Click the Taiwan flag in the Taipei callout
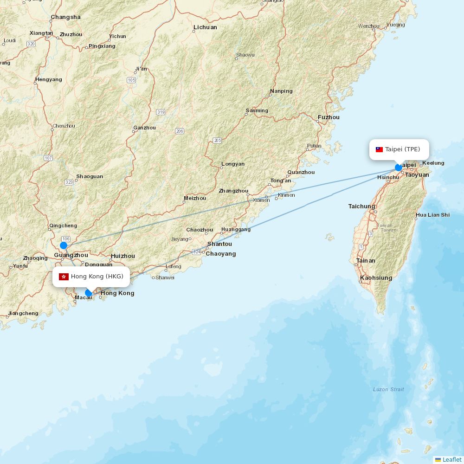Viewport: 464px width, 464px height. (x=379, y=149)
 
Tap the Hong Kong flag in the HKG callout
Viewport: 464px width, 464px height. (x=64, y=277)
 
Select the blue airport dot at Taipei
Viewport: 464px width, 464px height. (x=399, y=168)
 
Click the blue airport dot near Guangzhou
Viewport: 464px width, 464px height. (x=64, y=245)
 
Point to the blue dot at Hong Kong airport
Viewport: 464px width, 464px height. (x=89, y=293)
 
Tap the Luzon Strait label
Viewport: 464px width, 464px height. (x=388, y=389)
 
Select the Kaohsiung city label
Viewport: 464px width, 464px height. (x=376, y=278)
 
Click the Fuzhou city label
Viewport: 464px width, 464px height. (x=329, y=117)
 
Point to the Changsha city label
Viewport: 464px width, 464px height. (x=65, y=17)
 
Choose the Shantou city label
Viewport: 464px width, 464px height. (x=219, y=244)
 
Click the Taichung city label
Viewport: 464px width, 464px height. (x=361, y=206)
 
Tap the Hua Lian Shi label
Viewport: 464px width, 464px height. (x=432, y=215)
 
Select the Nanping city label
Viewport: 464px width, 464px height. (x=281, y=91)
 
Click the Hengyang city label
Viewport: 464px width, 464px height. (x=48, y=79)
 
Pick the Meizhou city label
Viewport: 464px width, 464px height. (x=195, y=198)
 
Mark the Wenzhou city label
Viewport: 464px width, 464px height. (x=368, y=26)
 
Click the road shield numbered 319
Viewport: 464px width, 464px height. (x=161, y=112)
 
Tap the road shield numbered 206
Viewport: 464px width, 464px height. (x=180, y=131)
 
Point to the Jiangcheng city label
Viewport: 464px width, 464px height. (x=23, y=313)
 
